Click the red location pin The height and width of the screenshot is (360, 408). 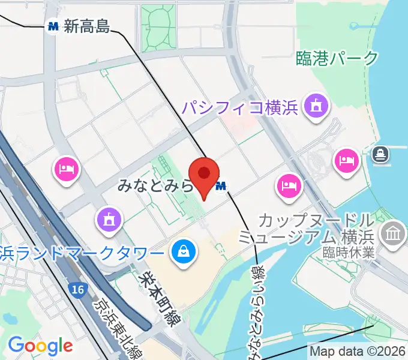click(204, 175)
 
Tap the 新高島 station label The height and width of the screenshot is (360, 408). click(87, 26)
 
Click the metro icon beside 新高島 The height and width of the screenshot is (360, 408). click(53, 26)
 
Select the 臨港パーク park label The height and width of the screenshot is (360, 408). click(338, 58)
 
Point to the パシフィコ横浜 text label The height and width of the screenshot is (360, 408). click(241, 108)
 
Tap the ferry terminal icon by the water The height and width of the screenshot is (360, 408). click(380, 154)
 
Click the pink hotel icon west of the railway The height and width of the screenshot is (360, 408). click(67, 169)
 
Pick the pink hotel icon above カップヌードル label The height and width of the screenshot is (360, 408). click(289, 185)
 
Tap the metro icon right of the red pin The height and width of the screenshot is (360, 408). click(221, 187)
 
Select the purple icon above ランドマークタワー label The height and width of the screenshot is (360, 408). click(109, 219)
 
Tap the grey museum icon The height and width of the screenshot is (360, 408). click(394, 231)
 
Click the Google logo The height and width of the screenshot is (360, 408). click(40, 345)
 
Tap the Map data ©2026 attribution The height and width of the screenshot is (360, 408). click(358, 351)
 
